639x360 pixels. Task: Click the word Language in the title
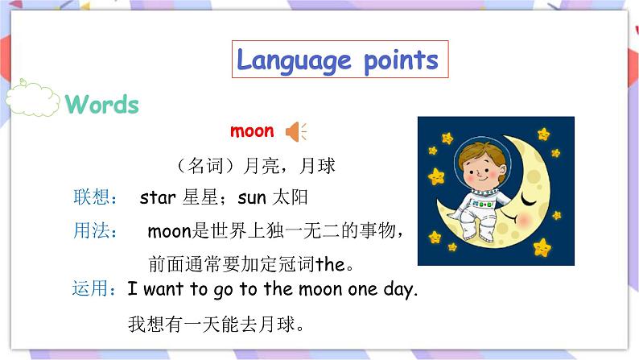295,60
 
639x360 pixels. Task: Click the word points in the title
400,60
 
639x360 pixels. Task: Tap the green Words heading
102,105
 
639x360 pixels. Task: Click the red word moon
252,130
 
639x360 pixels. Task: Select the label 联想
94,197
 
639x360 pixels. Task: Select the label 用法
94,231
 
